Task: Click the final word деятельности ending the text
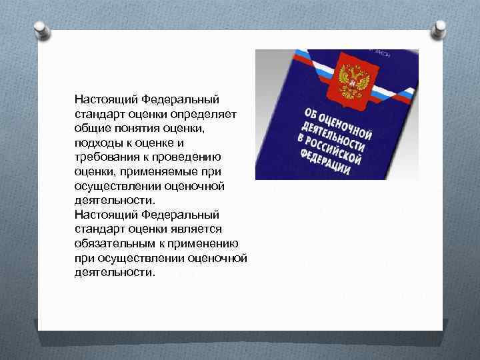(x=114, y=273)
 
